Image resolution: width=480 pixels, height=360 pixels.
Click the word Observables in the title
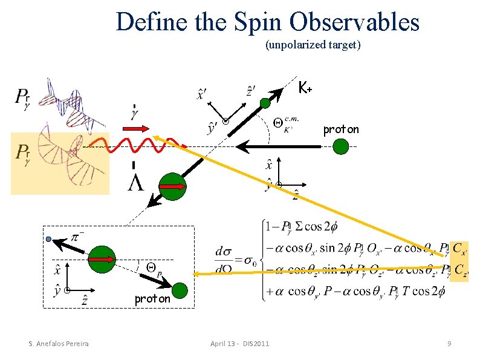coord(354,22)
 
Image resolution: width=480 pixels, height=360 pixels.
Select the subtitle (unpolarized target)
coord(313,45)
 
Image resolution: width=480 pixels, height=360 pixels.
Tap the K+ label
coord(305,88)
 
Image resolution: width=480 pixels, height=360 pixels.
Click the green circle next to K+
coord(266,103)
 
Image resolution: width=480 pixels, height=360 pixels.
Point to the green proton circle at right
coord(341,146)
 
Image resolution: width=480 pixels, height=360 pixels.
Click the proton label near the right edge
coord(341,129)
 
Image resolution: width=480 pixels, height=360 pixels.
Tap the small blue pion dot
coord(49,239)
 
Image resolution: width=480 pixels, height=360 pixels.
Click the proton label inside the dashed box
coord(152,298)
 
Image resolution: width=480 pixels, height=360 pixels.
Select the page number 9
coord(449,344)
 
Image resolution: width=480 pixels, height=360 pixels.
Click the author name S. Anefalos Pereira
coord(59,344)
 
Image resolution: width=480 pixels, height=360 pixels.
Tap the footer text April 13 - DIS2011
coord(241,344)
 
